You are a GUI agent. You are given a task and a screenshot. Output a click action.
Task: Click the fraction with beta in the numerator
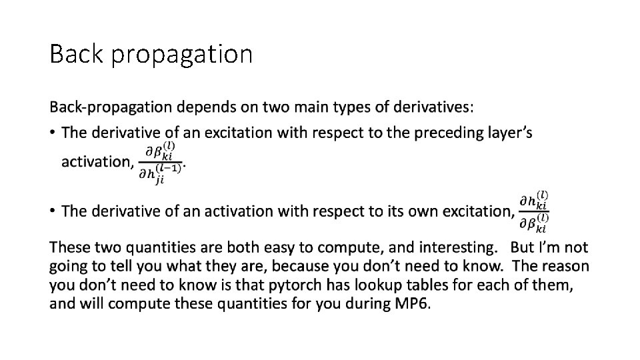tap(160, 162)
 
